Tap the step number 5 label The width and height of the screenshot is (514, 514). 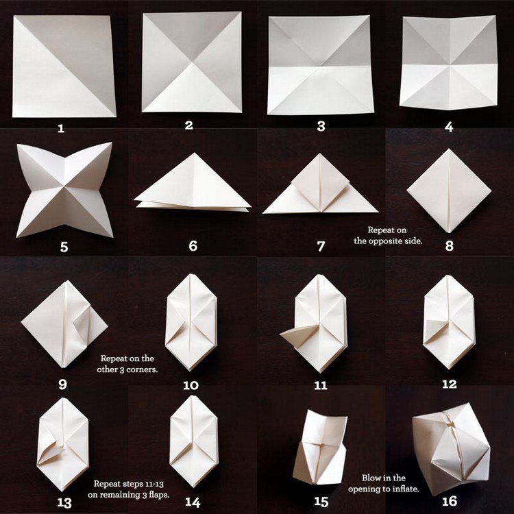(64, 247)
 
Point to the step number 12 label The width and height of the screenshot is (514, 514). (449, 384)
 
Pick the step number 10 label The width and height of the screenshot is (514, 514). (191, 385)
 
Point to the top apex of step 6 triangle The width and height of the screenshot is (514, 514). (193, 154)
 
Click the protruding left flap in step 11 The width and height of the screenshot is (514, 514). (293, 334)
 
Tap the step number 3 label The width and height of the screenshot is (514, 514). (319, 127)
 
